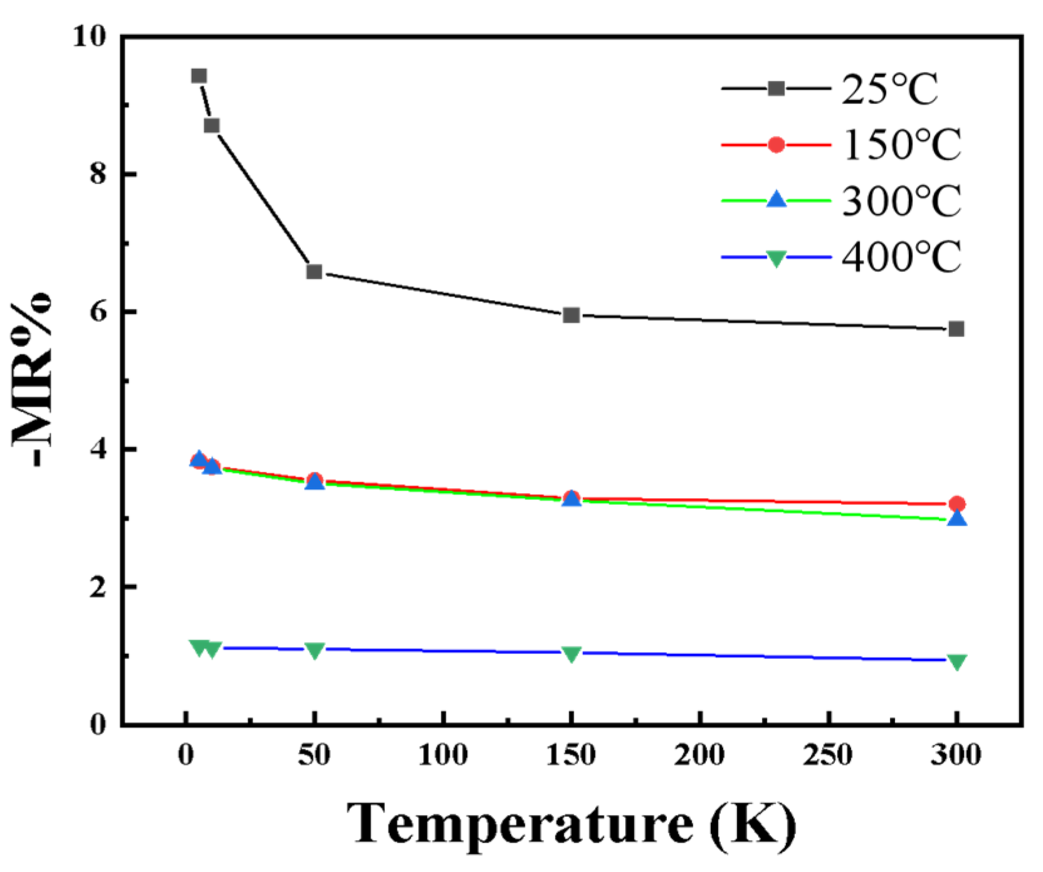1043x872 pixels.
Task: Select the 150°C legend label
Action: point(901,145)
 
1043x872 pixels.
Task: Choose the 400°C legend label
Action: point(901,257)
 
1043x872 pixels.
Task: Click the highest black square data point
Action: point(199,76)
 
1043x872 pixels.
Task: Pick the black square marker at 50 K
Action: point(314,272)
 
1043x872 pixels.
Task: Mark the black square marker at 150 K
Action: point(571,315)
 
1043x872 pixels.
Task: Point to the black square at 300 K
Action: point(956,329)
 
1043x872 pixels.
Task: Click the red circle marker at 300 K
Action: point(957,504)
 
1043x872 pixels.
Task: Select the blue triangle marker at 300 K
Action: point(957,519)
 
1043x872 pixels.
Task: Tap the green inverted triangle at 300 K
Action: point(957,662)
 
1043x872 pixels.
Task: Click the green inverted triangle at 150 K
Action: point(571,654)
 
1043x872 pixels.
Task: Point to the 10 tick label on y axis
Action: point(90,36)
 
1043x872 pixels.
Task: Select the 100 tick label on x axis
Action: point(443,755)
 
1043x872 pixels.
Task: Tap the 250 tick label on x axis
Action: point(828,755)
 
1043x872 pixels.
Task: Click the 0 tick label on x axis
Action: point(186,755)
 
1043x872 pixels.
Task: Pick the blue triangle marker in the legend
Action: point(776,200)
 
